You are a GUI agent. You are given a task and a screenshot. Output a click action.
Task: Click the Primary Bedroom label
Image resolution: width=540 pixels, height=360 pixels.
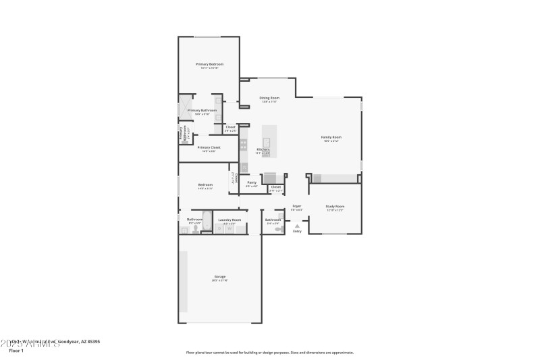point(209,64)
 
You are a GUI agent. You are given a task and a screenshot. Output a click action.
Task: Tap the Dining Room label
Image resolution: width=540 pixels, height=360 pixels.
point(269,98)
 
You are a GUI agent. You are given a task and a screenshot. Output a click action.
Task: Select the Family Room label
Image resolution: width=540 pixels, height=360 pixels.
point(331,137)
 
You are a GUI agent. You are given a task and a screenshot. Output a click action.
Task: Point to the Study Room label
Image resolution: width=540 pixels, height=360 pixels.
point(335,206)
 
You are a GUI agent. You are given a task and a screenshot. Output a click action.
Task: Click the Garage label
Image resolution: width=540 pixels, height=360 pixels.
point(220,276)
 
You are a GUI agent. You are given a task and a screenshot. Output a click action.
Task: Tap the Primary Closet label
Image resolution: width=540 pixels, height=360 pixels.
point(209,147)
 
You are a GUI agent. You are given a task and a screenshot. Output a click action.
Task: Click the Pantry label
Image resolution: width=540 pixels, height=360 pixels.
point(251,182)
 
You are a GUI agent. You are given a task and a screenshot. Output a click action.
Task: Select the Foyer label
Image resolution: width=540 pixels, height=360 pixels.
point(296,206)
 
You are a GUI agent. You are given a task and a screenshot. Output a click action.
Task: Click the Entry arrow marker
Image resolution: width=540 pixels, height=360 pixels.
point(296,226)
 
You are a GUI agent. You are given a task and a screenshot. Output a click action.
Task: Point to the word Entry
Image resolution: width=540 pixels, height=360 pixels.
point(297,232)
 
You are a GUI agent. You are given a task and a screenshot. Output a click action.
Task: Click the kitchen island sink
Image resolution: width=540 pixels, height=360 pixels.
point(267,143)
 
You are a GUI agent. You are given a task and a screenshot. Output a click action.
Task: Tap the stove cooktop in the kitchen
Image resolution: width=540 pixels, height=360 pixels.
point(243,144)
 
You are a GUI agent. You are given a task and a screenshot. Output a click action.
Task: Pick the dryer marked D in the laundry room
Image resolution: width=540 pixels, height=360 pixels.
point(220,229)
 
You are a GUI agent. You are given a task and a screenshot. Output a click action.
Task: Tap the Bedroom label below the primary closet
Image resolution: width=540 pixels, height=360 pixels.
point(205,185)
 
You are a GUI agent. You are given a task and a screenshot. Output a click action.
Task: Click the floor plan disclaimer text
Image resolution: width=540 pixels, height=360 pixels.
point(269,352)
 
